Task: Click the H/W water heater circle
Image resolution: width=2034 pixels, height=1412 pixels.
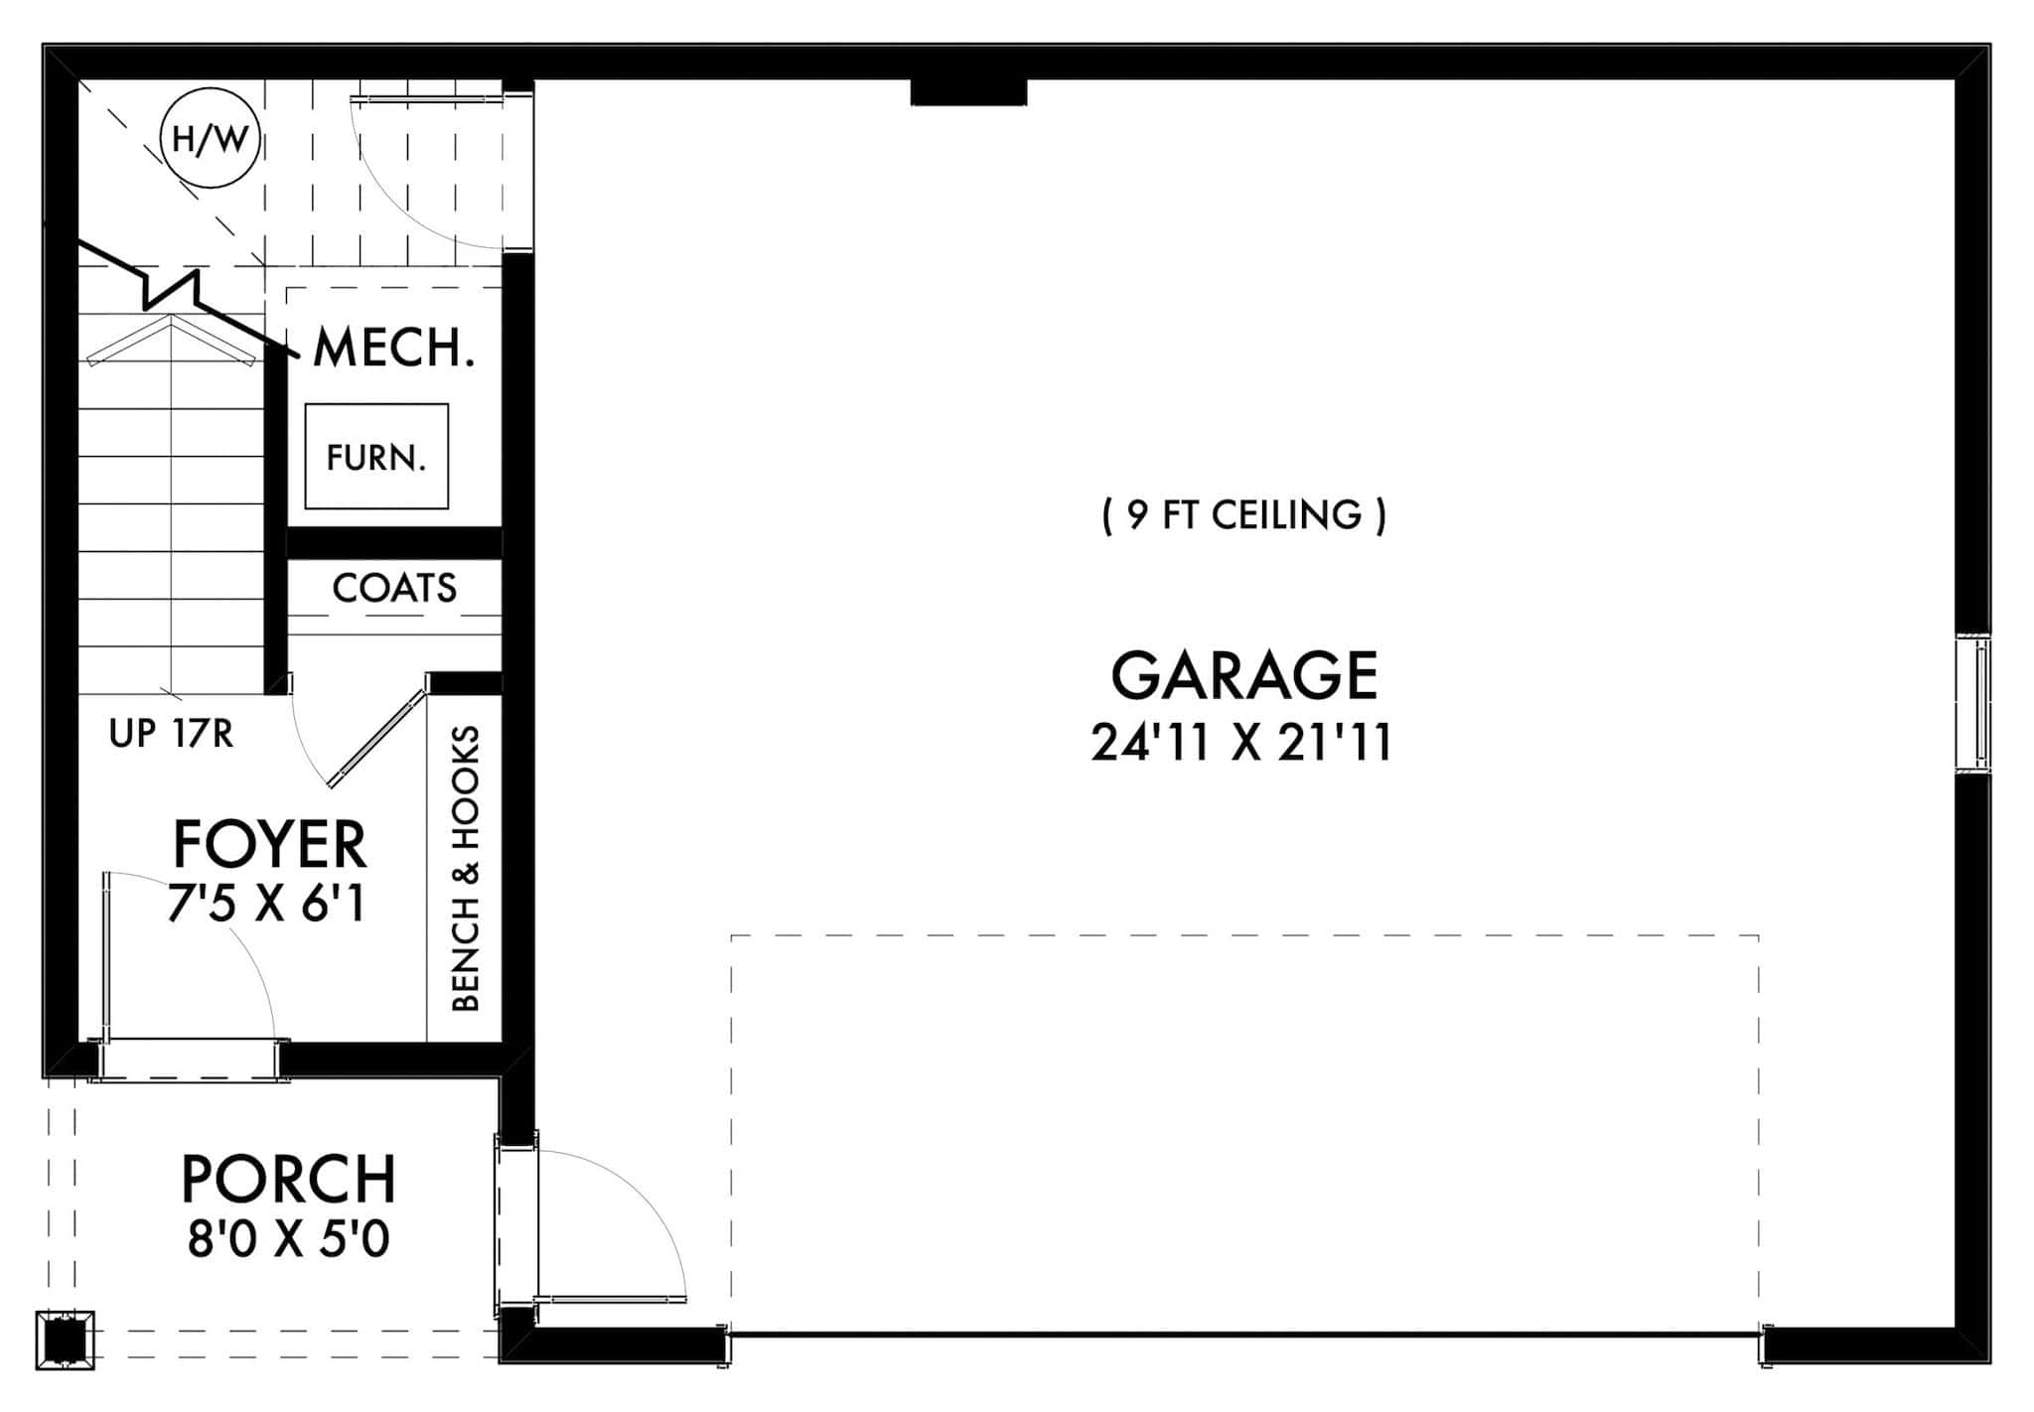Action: coord(211,139)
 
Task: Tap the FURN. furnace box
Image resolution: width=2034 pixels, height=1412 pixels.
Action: coord(376,457)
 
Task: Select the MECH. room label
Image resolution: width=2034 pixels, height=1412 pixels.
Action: coord(393,348)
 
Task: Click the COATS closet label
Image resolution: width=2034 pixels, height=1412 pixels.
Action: coord(394,588)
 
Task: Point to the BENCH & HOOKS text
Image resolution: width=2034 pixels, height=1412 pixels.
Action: coord(466,869)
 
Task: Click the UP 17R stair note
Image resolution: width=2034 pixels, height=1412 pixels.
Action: coord(171,734)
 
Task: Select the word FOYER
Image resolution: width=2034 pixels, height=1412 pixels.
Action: coord(270,845)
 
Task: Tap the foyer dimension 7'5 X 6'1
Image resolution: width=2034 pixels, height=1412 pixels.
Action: coord(267,905)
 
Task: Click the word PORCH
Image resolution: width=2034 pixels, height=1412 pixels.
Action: coord(288,1179)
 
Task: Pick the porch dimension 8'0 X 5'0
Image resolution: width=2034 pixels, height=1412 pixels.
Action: coord(288,1239)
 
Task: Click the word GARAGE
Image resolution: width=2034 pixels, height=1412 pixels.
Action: coord(1243,676)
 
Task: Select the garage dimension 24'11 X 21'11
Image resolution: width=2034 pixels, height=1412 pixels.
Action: coord(1241,743)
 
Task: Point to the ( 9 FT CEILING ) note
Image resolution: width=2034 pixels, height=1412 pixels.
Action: coord(1243,514)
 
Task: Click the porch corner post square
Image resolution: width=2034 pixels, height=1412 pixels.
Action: coord(66,1341)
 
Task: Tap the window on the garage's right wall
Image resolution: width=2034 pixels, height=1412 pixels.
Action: coord(1972,703)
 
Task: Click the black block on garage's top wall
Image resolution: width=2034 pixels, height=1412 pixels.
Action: coord(968,92)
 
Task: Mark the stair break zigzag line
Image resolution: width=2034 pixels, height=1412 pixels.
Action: coord(174,288)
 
